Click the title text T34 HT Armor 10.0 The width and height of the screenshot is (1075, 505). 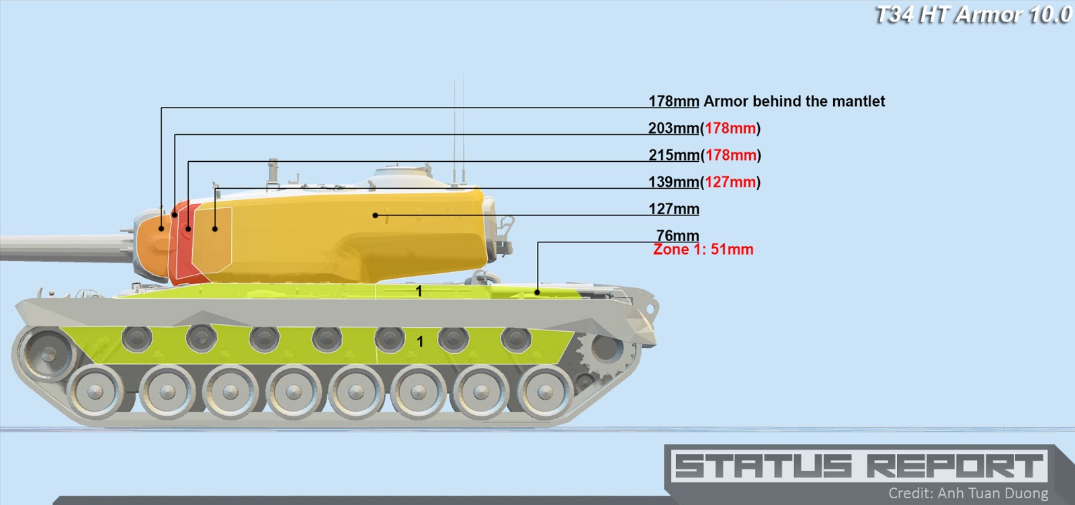coord(973,15)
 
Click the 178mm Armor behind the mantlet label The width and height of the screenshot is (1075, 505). coord(766,101)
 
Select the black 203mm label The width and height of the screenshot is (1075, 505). coord(673,128)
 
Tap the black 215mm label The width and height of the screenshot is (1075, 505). coord(673,155)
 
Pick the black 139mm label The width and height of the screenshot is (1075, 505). coord(673,182)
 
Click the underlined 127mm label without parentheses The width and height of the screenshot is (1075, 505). coord(673,209)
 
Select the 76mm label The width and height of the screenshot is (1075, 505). coord(677,235)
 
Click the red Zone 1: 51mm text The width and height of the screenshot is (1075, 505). coord(703,250)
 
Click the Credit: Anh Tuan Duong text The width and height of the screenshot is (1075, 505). coord(967,494)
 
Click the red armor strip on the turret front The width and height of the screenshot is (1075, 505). coord(183,242)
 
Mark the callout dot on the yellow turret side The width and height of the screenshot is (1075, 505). coord(376,216)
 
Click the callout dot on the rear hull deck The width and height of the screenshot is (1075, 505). coord(537,292)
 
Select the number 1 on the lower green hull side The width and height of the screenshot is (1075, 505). coord(420,342)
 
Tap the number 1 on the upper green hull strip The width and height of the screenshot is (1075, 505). coord(419,291)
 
